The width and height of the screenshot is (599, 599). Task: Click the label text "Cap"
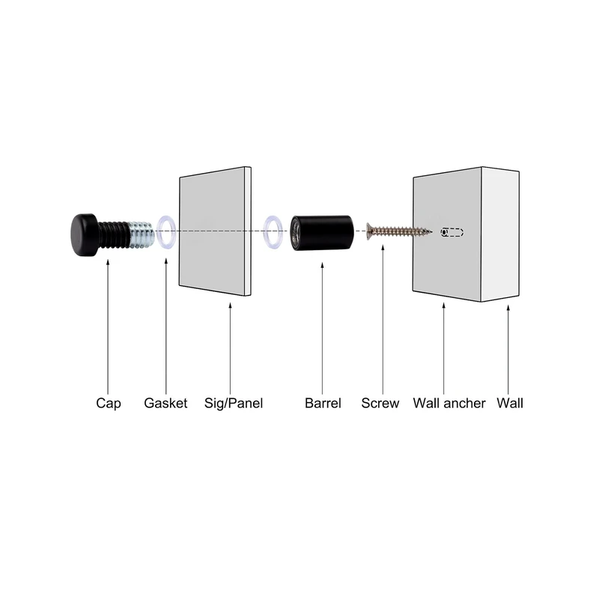(109, 404)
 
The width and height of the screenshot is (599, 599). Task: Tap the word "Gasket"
(165, 403)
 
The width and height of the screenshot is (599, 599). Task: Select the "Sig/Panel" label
(234, 404)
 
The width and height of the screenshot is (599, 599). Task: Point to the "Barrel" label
(323, 403)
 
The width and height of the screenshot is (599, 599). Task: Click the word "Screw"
(380, 403)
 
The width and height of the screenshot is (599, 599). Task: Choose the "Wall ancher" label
(449, 403)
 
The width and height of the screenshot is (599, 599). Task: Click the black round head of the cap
(84, 234)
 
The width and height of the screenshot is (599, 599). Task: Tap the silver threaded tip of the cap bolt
(142, 234)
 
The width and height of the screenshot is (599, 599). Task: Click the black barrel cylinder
(322, 233)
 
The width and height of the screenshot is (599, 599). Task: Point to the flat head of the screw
(369, 231)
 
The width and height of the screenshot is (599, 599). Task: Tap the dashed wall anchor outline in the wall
(452, 232)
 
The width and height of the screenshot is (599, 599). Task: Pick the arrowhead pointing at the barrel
(322, 266)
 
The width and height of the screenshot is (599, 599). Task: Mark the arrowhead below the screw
(383, 248)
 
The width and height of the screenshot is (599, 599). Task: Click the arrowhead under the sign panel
(230, 306)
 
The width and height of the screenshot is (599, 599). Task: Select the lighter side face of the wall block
(500, 234)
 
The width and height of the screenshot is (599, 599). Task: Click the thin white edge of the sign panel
(248, 231)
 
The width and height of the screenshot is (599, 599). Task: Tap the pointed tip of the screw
(431, 231)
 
